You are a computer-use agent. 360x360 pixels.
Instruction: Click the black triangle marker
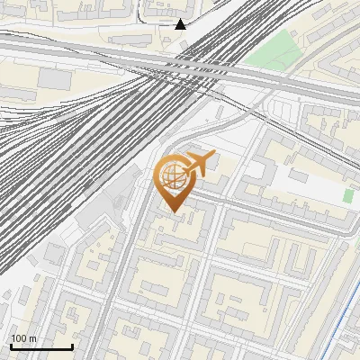(x=181, y=23)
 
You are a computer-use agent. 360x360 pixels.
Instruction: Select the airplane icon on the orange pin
(x=195, y=165)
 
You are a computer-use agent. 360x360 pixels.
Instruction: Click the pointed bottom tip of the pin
(x=174, y=212)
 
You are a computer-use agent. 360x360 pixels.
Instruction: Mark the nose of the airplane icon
(x=213, y=157)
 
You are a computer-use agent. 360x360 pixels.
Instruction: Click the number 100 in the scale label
(x=18, y=338)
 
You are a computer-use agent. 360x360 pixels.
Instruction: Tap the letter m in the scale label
(x=32, y=338)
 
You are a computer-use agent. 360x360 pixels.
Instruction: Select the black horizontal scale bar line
(x=41, y=346)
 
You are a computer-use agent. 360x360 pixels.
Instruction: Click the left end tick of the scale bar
(x=11, y=345)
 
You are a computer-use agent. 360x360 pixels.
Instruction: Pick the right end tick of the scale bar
(x=72, y=345)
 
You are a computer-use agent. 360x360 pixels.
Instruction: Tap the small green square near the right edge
(x=348, y=195)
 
